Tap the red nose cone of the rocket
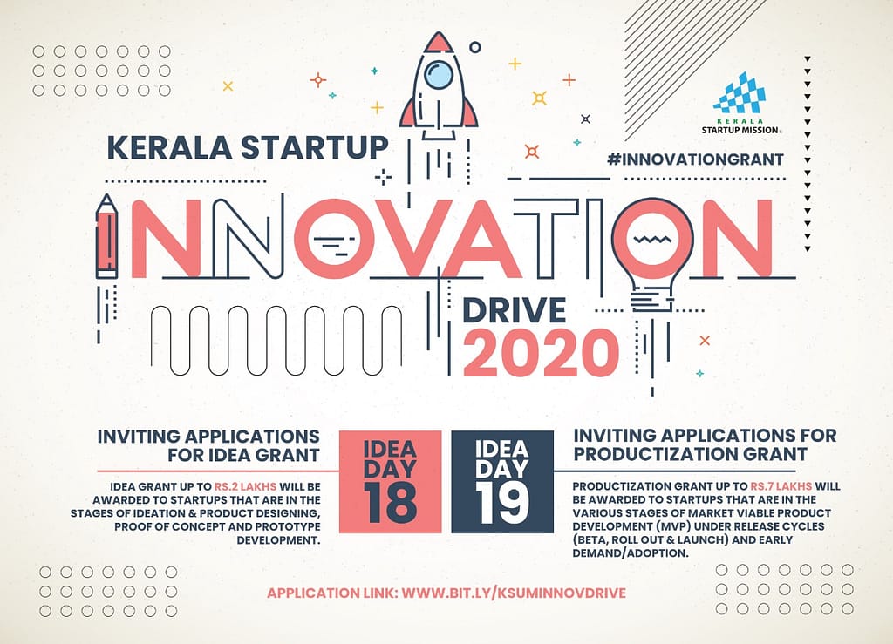439,44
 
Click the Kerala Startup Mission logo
740,103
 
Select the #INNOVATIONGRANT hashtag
695,159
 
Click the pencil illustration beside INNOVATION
106,236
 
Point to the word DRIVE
514,310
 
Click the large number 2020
541,354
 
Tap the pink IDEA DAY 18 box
390,482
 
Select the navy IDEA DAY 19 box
502,482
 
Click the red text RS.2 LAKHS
245,487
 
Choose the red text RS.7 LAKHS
781,486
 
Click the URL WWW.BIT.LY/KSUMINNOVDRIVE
514,593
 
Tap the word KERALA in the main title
169,148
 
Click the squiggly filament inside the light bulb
652,240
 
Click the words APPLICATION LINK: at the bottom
332,593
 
